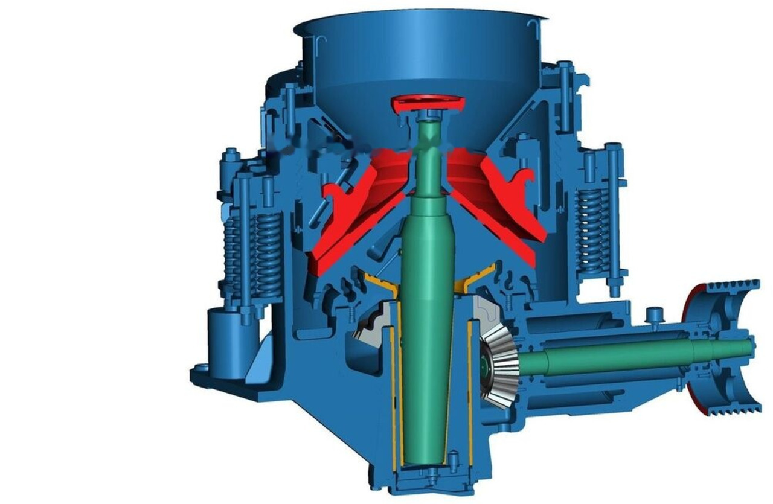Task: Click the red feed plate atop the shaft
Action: [428, 103]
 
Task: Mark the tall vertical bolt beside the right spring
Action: [613, 217]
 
